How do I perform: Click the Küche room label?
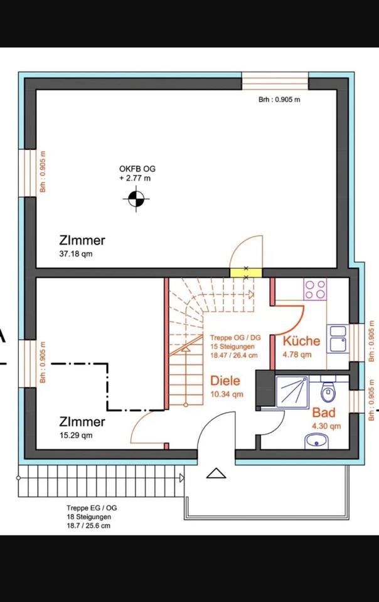(301, 341)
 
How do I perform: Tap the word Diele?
(225, 381)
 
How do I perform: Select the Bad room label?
(324, 413)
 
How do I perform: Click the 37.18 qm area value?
(76, 254)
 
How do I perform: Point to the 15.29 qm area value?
(76, 435)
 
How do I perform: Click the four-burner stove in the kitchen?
(315, 290)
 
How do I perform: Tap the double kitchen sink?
(338, 339)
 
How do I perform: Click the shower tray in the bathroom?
(292, 391)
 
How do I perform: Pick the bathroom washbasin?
(317, 441)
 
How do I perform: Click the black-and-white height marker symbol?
(136, 199)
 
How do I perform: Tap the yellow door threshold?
(246, 273)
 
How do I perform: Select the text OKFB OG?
(137, 169)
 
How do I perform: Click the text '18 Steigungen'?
(88, 517)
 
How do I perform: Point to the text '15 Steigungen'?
(232, 346)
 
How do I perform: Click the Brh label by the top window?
(279, 100)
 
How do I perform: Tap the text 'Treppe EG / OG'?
(92, 508)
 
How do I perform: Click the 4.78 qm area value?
(297, 354)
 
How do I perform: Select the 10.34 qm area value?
(227, 394)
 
